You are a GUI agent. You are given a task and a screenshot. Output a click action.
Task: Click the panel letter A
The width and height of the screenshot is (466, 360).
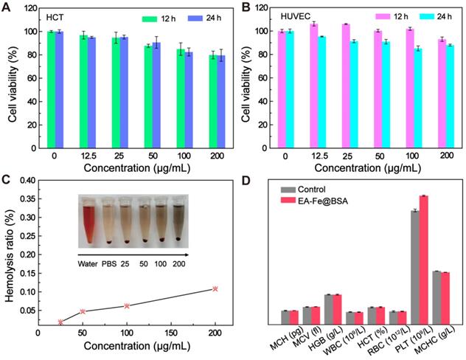click(7, 7)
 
